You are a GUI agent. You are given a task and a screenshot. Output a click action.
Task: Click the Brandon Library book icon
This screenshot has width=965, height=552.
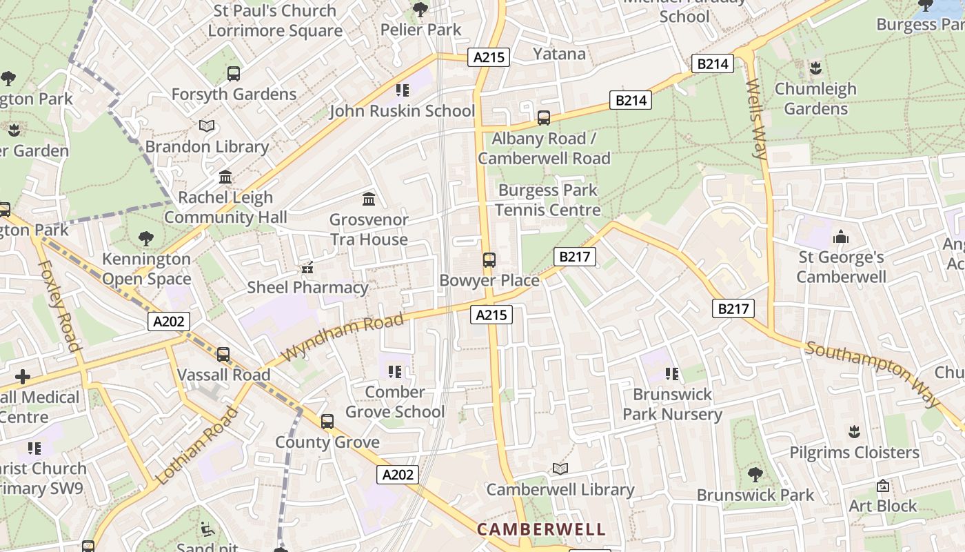(207, 126)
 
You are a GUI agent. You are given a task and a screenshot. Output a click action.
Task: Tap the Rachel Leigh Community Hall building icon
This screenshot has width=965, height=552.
(225, 177)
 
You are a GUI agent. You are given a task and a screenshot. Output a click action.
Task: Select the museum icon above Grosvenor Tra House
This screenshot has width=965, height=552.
(369, 199)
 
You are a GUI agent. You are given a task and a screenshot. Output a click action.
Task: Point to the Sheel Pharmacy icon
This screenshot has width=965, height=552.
(307, 267)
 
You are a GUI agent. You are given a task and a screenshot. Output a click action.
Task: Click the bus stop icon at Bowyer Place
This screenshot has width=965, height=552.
(489, 260)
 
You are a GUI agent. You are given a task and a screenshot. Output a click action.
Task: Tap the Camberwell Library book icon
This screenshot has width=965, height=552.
(560, 469)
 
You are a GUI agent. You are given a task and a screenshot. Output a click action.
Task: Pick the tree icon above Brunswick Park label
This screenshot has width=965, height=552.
(755, 475)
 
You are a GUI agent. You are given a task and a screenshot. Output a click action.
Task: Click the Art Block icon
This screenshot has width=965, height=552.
(882, 486)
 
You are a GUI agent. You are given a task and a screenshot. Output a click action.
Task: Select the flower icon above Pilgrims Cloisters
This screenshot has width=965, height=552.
(855, 432)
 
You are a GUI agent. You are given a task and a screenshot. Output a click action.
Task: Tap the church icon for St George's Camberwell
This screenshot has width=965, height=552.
(841, 237)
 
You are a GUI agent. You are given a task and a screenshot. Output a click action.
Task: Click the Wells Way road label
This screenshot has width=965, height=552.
(756, 119)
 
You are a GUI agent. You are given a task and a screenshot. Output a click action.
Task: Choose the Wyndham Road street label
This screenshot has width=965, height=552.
(343, 336)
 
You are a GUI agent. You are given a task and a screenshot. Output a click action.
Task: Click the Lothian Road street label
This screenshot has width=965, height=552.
(197, 445)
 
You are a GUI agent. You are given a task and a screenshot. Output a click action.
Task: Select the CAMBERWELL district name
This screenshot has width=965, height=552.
(541, 529)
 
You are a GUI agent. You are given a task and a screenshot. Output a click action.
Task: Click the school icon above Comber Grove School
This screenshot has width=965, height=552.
(395, 373)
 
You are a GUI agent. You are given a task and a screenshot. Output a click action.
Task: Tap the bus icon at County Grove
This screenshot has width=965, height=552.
(327, 422)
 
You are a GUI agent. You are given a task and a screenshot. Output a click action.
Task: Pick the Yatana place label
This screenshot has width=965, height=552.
(559, 54)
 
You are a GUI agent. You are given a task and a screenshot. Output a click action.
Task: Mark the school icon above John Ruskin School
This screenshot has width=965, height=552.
(403, 90)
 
